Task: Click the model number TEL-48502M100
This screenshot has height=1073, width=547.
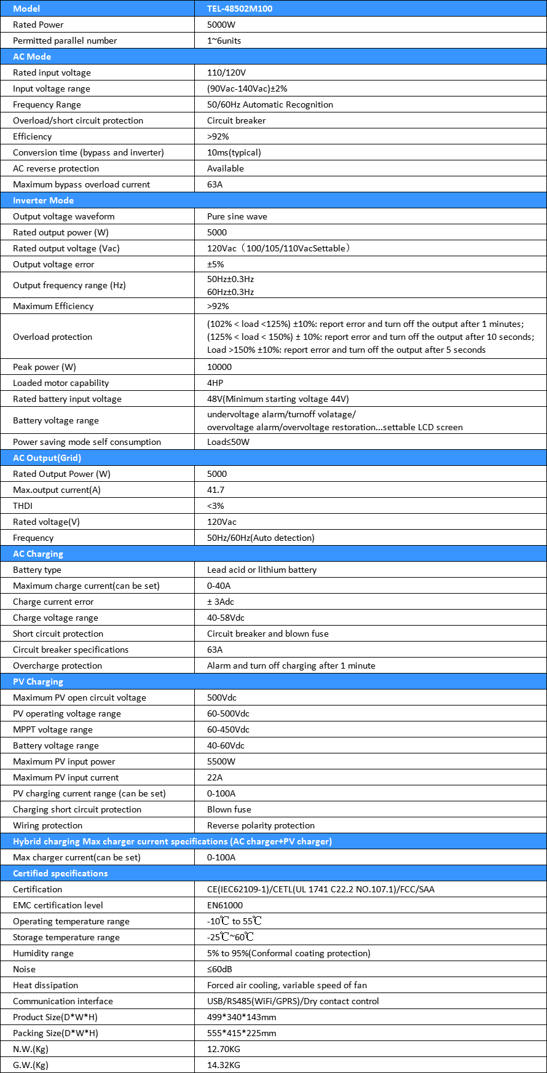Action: (240, 9)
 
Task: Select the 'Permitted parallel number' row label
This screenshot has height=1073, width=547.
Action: (65, 41)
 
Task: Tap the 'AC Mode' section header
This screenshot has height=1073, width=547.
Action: (32, 57)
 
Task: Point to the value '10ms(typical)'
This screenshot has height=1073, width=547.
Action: (234, 152)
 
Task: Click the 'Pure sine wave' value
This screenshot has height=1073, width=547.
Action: (237, 216)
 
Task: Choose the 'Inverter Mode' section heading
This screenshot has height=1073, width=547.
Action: (43, 200)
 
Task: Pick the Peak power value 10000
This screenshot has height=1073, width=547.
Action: (219, 367)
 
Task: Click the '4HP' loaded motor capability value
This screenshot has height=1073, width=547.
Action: (214, 383)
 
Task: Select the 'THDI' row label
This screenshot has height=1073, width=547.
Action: (23, 506)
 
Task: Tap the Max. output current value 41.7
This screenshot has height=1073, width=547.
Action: (216, 490)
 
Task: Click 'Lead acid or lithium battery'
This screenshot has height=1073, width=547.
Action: (262, 570)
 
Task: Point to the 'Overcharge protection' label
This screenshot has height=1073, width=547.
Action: (57, 666)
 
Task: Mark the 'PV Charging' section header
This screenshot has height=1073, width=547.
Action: (37, 682)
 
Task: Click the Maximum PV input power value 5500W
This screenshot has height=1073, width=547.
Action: (221, 761)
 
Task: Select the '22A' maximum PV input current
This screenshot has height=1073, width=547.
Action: (214, 777)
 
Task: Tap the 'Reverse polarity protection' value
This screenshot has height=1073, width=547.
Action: (261, 825)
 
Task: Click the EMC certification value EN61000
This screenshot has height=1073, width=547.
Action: (225, 905)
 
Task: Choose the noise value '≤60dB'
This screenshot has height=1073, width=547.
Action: (219, 969)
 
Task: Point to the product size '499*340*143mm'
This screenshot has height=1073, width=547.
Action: (242, 1017)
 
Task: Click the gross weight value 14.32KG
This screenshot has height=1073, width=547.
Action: (224, 1065)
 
